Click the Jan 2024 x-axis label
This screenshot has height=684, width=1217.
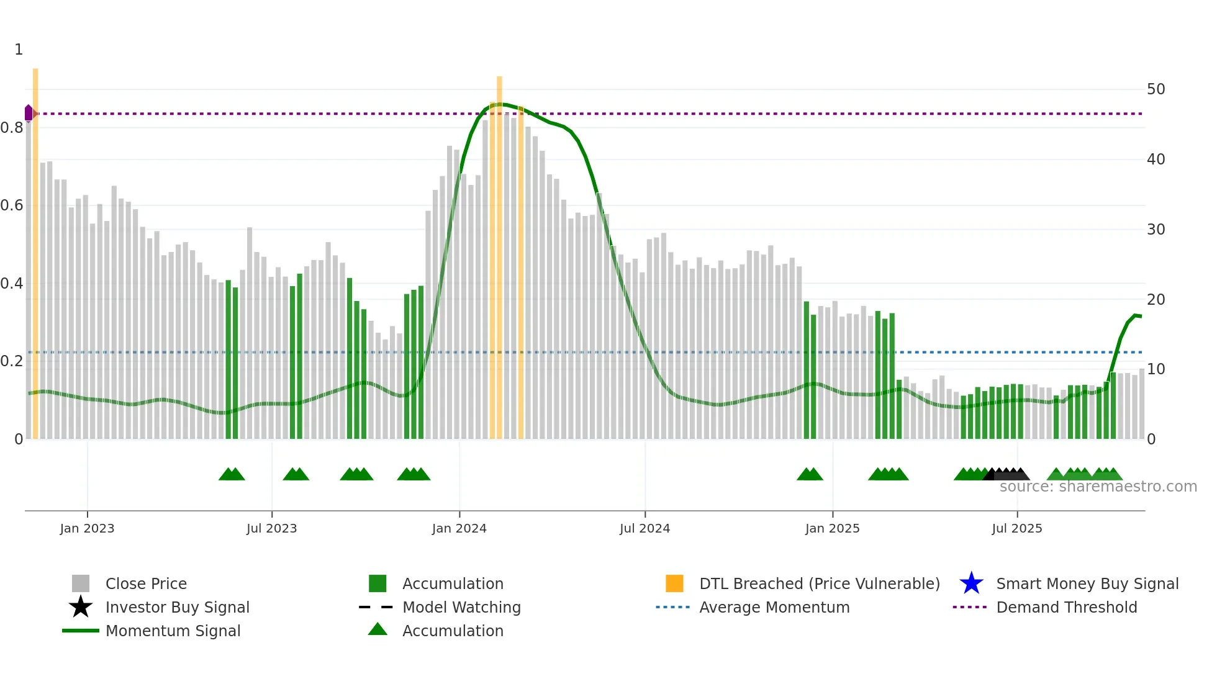[x=459, y=529]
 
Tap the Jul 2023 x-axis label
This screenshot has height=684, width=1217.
[x=271, y=529]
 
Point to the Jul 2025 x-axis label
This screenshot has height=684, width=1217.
[x=1016, y=529]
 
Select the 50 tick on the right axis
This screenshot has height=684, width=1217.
[x=1156, y=89]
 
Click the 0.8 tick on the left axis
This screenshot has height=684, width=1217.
[x=12, y=128]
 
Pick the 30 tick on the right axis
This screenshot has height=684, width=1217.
[x=1156, y=230]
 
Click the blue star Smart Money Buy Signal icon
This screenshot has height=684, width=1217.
[x=971, y=583]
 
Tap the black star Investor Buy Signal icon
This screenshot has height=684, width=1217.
[x=81, y=607]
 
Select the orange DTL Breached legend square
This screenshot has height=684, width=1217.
[x=674, y=583]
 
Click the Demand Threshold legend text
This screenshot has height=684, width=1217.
[x=1066, y=607]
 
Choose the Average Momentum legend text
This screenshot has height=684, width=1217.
[x=774, y=607]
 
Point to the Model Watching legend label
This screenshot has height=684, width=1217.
[x=461, y=607]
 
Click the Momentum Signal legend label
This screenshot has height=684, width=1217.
[x=173, y=631]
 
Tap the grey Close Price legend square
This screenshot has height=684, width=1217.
[x=81, y=583]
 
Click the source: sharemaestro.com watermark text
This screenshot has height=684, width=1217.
[x=1098, y=487]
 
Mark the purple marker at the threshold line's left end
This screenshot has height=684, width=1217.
[x=29, y=113]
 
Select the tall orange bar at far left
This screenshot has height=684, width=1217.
[x=35, y=248]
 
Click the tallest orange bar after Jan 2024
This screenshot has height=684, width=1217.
[x=499, y=248]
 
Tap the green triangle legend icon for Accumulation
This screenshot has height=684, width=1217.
[x=378, y=629]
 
